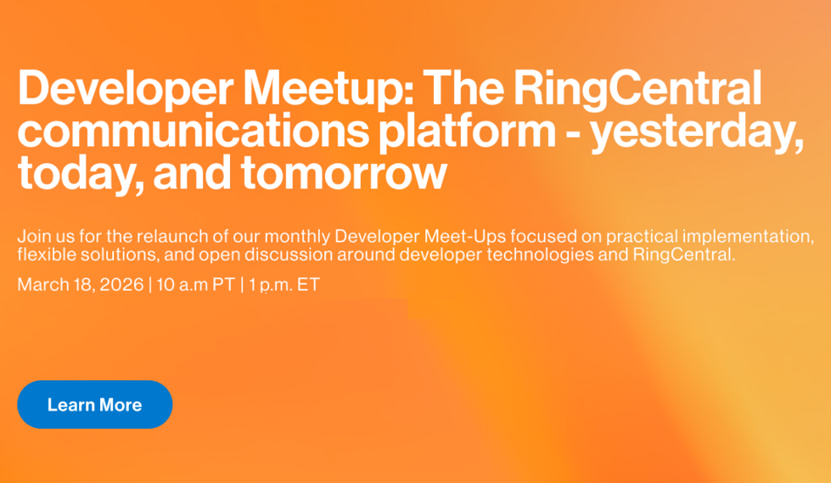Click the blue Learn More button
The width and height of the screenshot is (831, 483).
(94, 405)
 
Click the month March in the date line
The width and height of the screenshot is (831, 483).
(40, 284)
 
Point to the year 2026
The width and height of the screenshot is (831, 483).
(121, 284)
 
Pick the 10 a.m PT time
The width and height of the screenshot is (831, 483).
(194, 284)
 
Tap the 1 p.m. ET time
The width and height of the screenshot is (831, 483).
(284, 284)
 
